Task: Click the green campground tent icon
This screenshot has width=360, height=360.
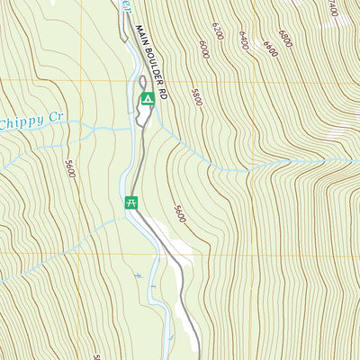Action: pyautogui.click(x=147, y=97)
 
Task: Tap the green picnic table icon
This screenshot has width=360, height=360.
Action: pyautogui.click(x=131, y=202)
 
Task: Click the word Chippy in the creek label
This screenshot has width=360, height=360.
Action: pyautogui.click(x=20, y=121)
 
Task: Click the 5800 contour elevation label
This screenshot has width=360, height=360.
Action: pyautogui.click(x=195, y=96)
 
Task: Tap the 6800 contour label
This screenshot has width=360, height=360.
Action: pyautogui.click(x=285, y=38)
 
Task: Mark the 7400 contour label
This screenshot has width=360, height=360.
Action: pyautogui.click(x=333, y=8)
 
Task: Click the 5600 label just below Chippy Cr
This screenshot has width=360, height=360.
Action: pyautogui.click(x=70, y=168)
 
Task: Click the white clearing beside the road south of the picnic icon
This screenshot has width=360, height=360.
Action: pyautogui.click(x=178, y=238)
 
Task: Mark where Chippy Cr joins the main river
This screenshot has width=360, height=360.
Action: pyautogui.click(x=135, y=129)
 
